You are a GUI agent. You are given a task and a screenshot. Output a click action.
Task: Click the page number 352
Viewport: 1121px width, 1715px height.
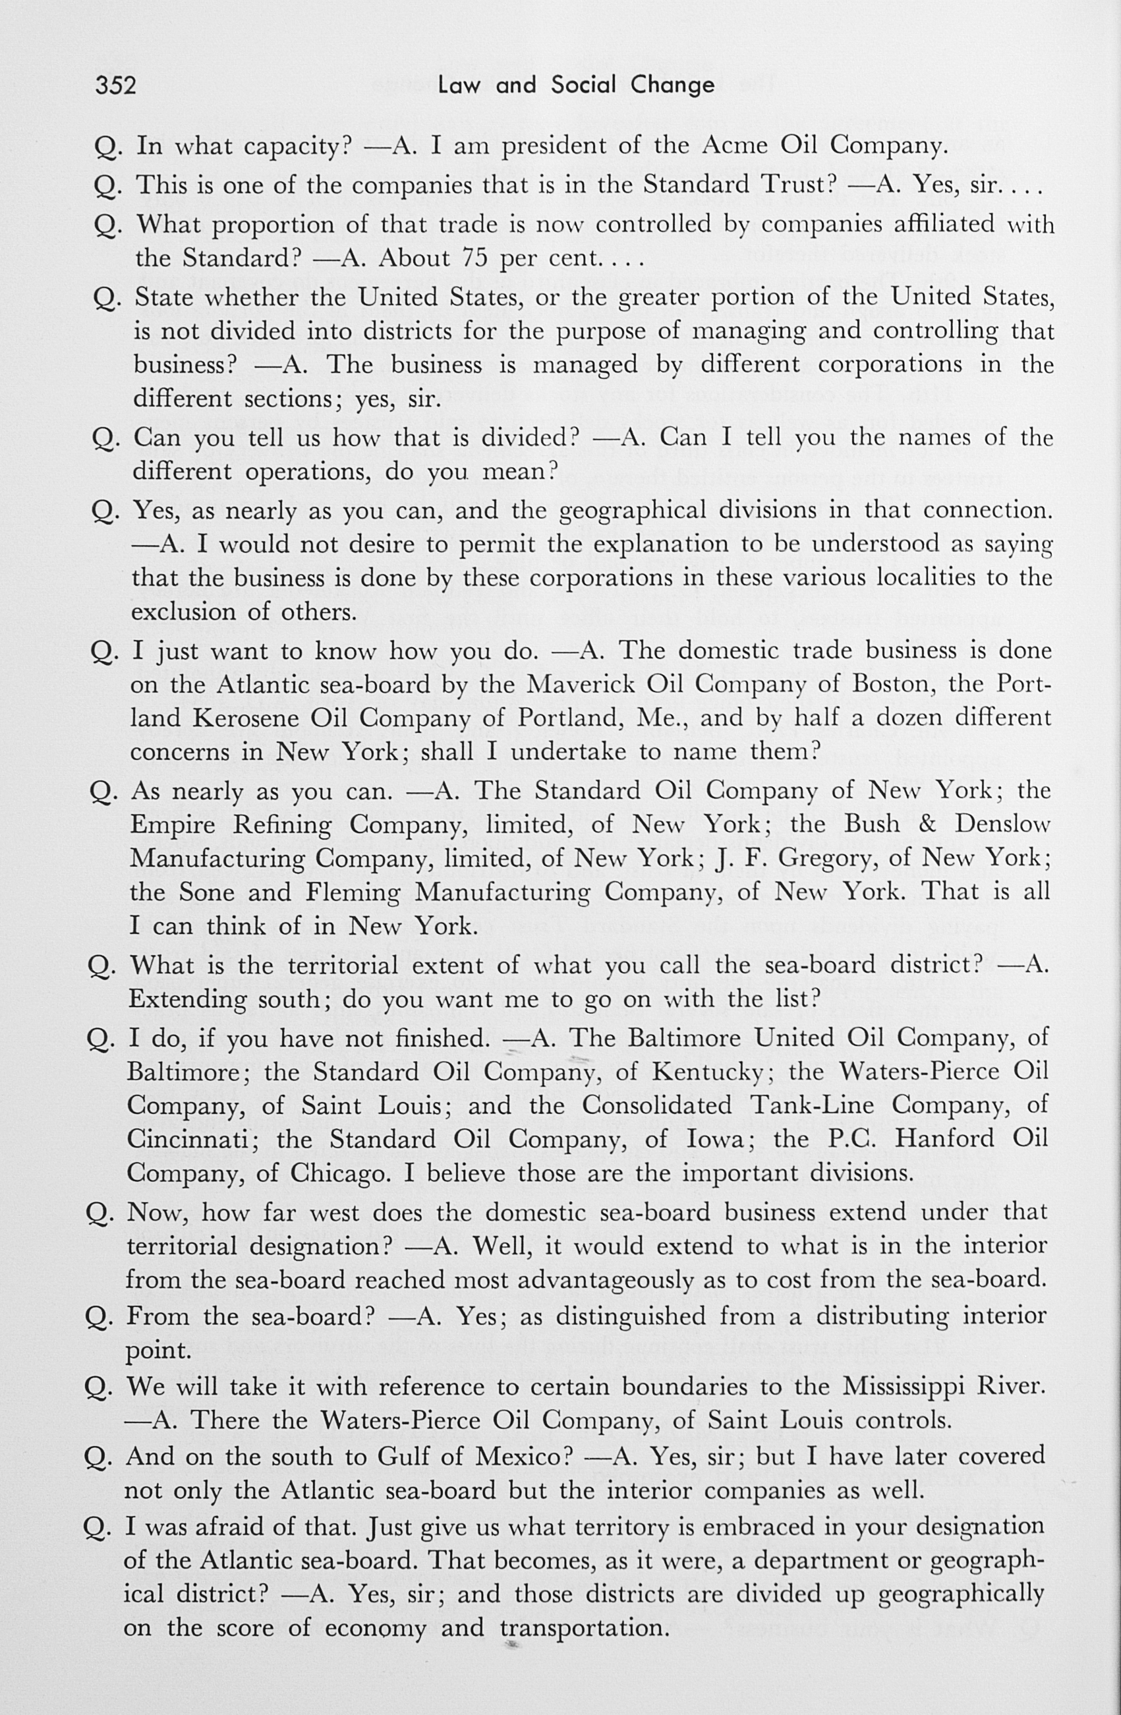pos(115,86)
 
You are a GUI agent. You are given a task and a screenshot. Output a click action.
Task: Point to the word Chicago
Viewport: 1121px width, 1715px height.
pos(337,1173)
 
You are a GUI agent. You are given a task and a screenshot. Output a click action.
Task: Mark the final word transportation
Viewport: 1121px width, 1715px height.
pos(581,1627)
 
